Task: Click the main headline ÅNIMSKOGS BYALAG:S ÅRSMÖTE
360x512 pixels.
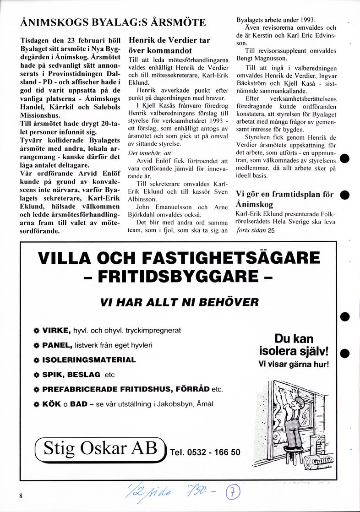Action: point(114,22)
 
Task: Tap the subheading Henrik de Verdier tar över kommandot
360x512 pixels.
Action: point(169,45)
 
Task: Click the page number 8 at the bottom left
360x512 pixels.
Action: point(21,496)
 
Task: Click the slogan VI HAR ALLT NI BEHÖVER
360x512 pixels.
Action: point(180,302)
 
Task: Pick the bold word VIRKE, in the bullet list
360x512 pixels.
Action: point(56,330)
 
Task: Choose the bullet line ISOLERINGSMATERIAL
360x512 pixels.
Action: point(89,360)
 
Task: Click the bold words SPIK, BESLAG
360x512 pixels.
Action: point(71,375)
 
